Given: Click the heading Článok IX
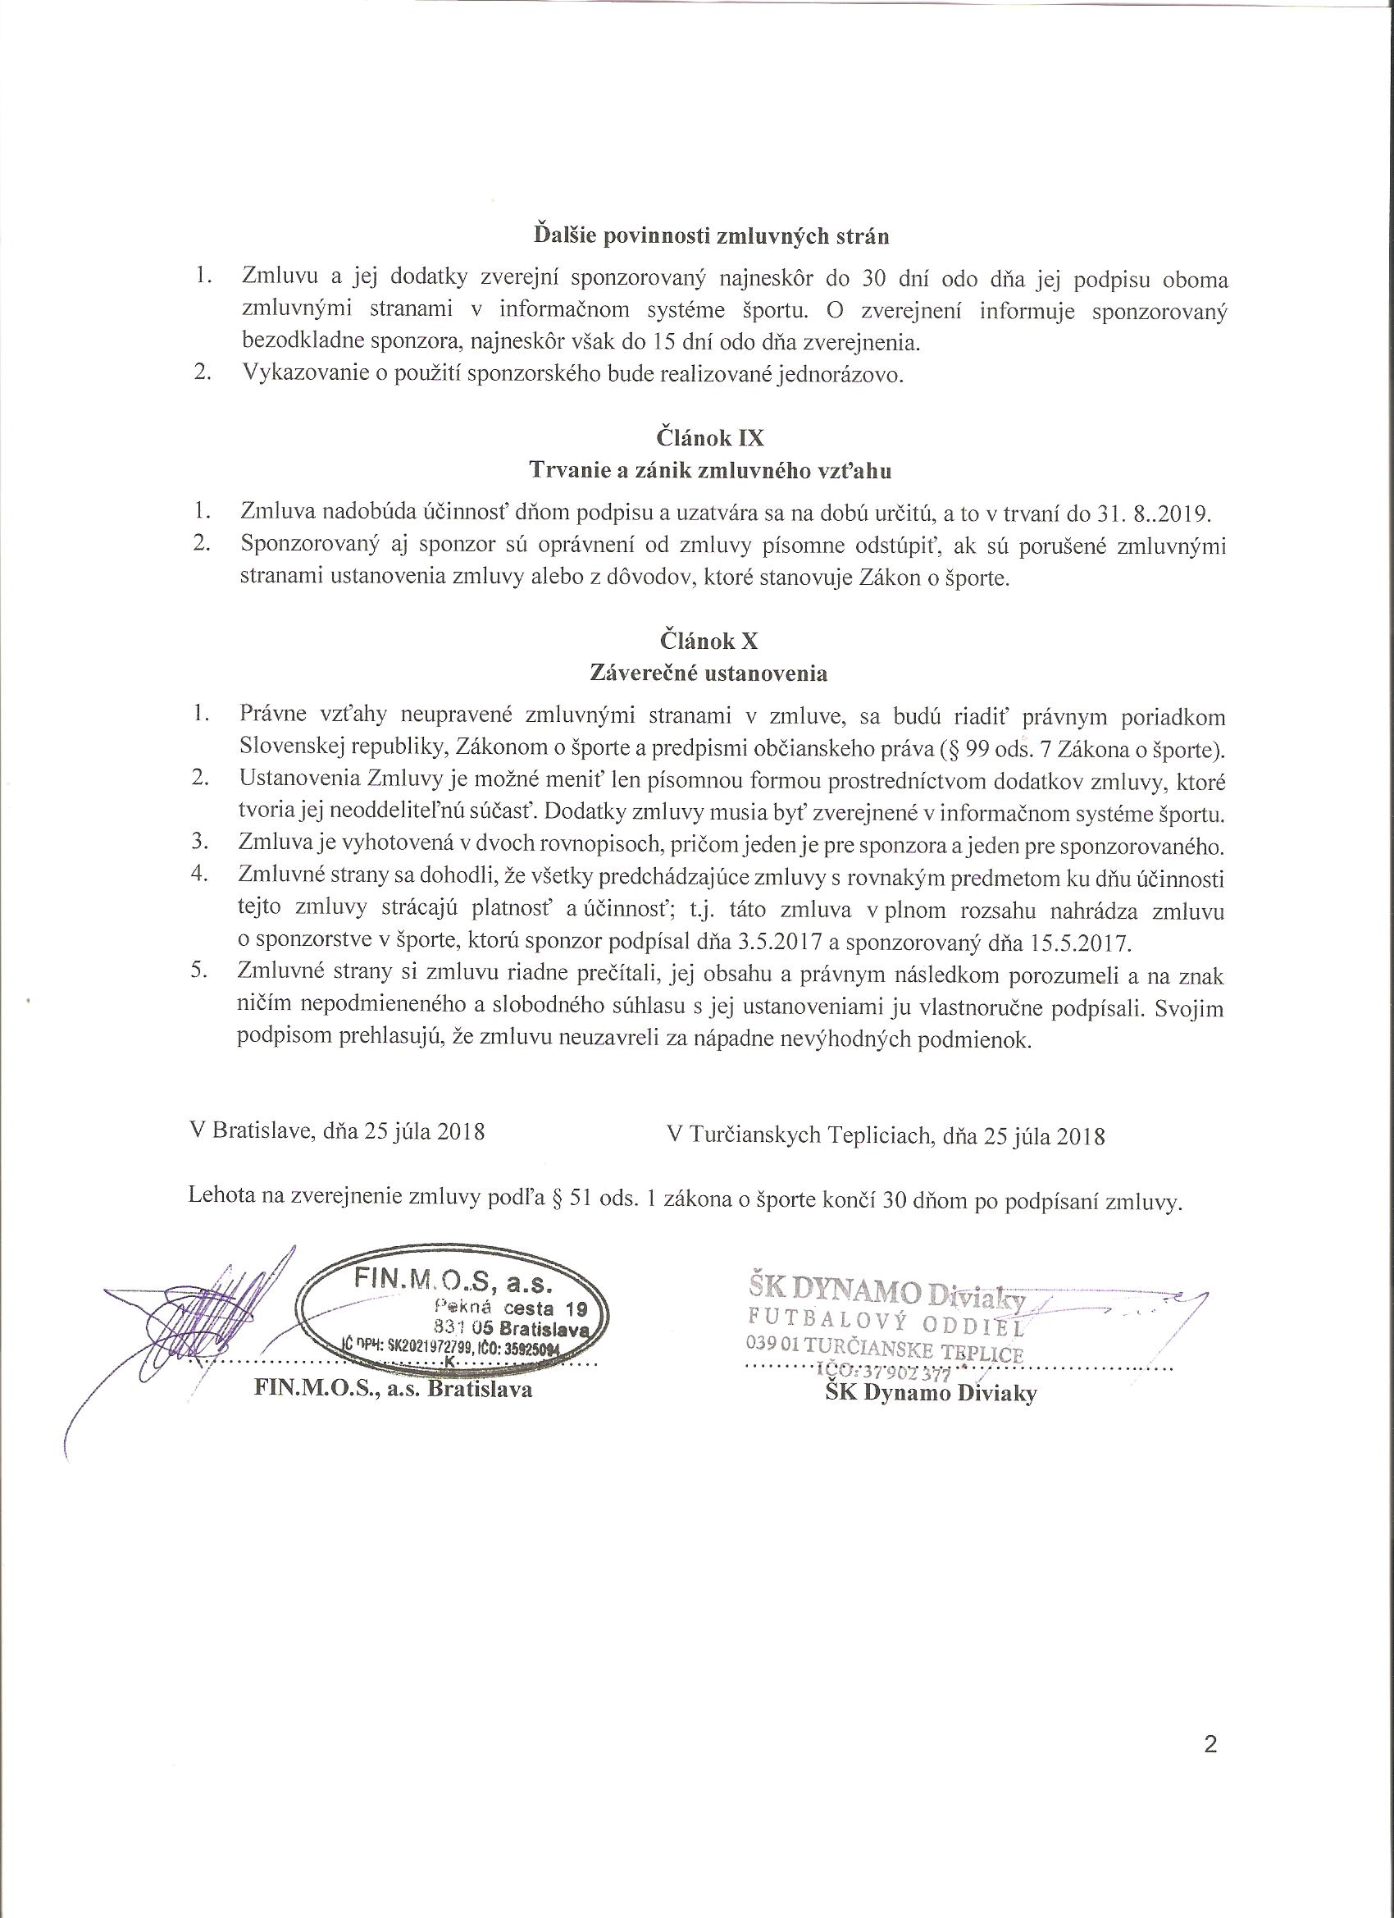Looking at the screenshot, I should tap(709, 437).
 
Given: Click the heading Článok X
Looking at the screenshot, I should tap(709, 640).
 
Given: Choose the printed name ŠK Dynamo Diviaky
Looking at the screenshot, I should tap(931, 1393).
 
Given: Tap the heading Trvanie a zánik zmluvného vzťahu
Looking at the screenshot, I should tap(709, 470).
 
